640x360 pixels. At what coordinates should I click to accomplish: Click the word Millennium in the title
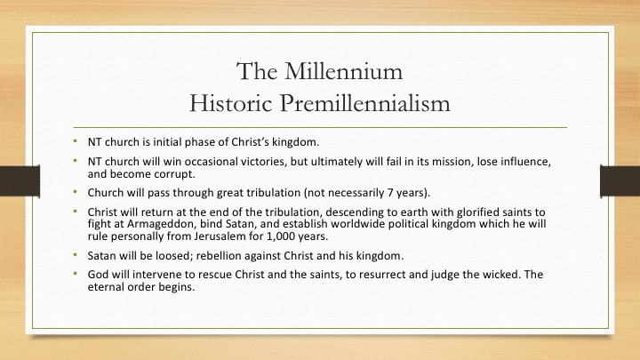(343, 71)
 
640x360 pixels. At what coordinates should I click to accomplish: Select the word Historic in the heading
(230, 103)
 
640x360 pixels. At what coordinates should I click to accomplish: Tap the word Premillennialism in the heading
(365, 103)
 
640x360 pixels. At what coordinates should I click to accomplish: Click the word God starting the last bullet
(98, 275)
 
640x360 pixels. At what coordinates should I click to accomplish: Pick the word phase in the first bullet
(198, 142)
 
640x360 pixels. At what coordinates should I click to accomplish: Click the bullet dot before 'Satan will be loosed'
(75, 255)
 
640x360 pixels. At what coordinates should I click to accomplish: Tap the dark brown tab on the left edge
(20, 180)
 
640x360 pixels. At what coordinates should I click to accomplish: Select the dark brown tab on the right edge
(620, 180)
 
